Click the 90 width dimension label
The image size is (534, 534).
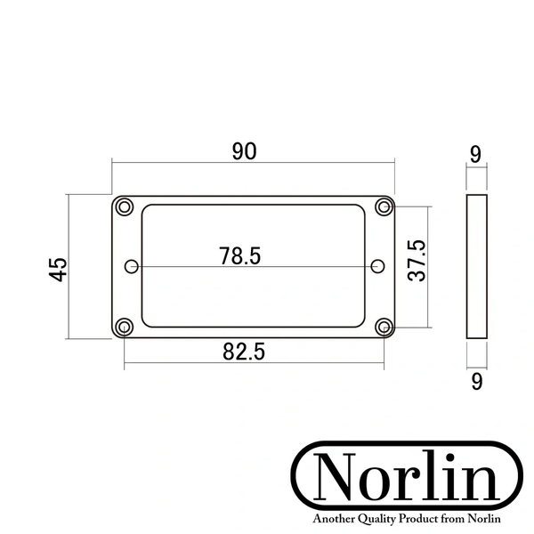pyautogui.click(x=244, y=151)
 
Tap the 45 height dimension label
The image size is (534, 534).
pyautogui.click(x=58, y=270)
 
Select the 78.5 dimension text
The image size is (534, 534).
pyautogui.click(x=239, y=256)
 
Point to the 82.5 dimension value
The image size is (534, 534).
pyautogui.click(x=244, y=352)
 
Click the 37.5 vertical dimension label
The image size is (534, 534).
pyautogui.click(x=417, y=261)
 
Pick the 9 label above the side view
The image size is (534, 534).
pyautogui.click(x=475, y=154)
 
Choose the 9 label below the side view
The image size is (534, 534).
pyautogui.click(x=477, y=382)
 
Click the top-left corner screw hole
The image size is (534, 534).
pyautogui.click(x=125, y=206)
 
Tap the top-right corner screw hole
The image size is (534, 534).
pyautogui.click(x=384, y=206)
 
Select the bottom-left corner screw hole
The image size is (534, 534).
pyautogui.click(x=125, y=327)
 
